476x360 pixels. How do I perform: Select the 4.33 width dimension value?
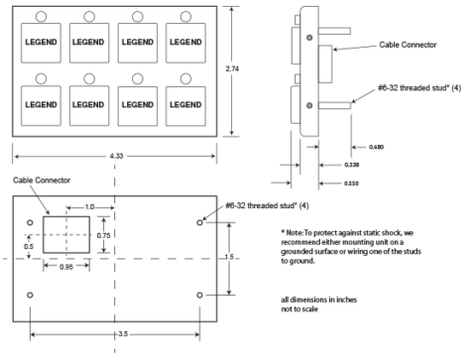point(116,155)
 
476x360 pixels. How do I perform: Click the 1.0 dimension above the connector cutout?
point(90,205)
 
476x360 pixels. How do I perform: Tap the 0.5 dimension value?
point(30,246)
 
